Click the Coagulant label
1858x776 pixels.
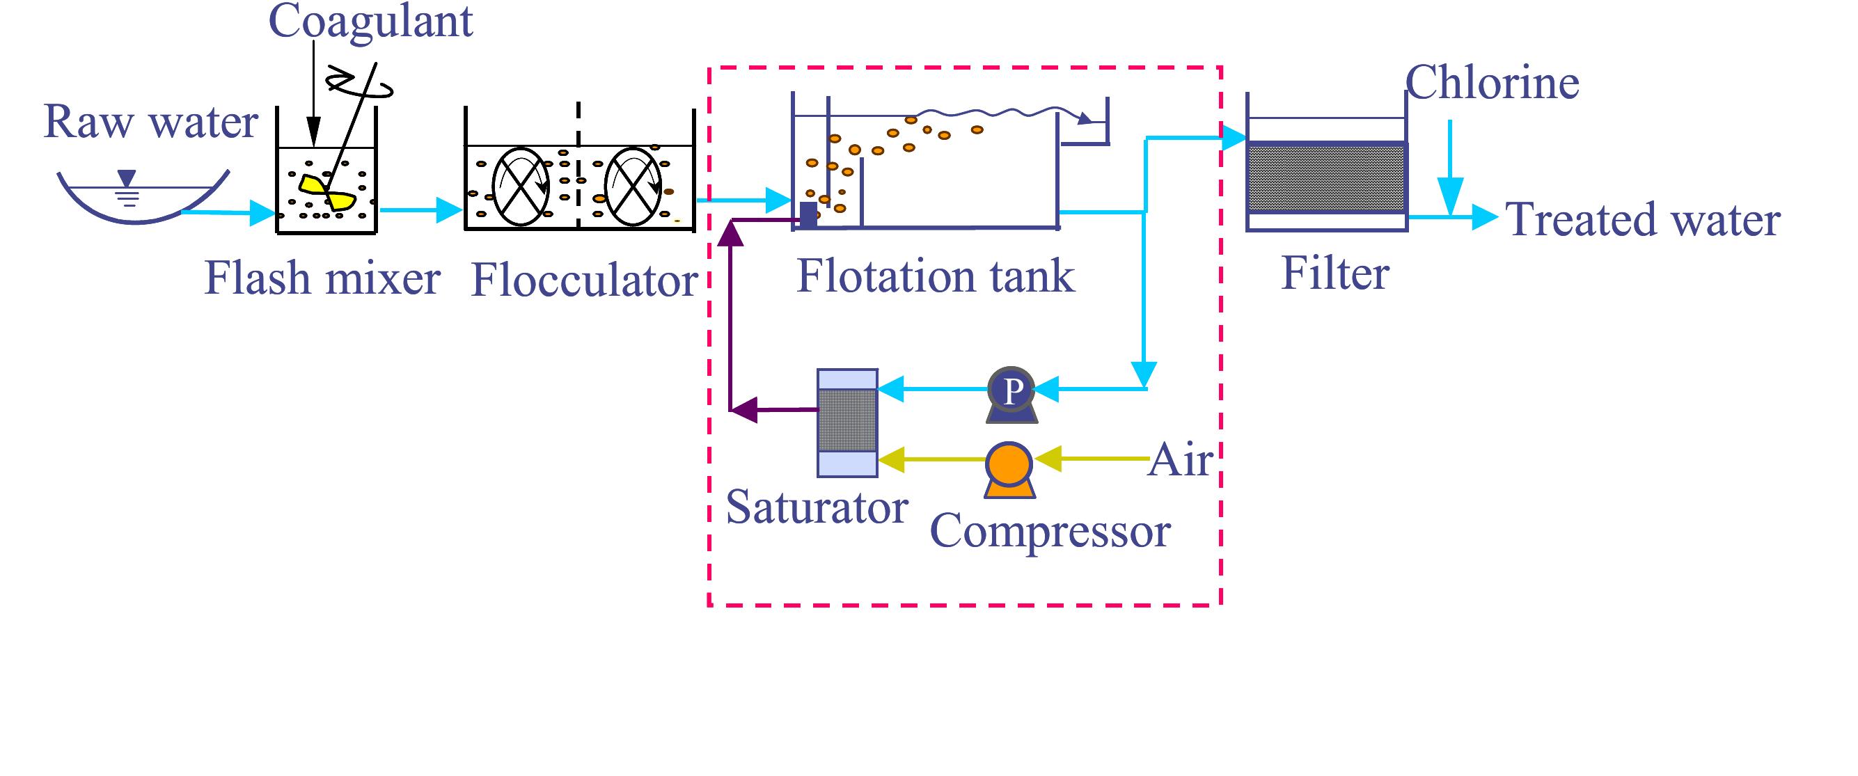click(x=370, y=22)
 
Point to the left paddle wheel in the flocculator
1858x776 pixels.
click(x=520, y=187)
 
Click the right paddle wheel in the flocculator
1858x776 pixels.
click(x=632, y=187)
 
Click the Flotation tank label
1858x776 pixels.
click(x=935, y=276)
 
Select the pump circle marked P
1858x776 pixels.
click(x=1011, y=390)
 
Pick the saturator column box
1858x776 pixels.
click(x=847, y=422)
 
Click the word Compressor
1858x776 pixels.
click(x=1050, y=532)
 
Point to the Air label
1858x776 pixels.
click(x=1180, y=459)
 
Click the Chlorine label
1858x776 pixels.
click(x=1492, y=82)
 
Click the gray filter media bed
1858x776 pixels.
click(x=1326, y=177)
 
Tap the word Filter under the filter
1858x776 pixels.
click(x=1335, y=274)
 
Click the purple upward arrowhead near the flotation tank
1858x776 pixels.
click(x=731, y=233)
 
